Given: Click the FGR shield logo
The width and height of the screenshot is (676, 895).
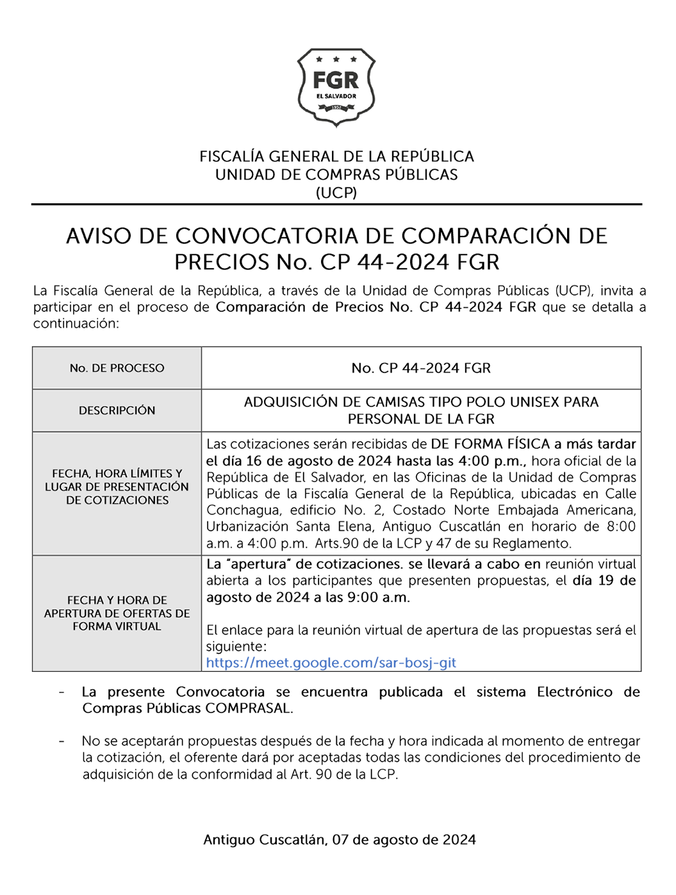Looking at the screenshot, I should click(336, 87).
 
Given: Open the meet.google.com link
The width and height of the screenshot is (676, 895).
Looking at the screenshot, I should click(331, 663).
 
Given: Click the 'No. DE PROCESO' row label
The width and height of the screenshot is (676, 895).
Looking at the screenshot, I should click(117, 368).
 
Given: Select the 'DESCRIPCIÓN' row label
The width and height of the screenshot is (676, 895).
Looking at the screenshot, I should click(117, 410).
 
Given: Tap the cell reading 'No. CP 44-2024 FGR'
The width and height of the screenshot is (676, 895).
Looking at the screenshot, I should click(421, 368).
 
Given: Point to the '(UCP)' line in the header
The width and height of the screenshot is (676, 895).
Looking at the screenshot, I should click(336, 192).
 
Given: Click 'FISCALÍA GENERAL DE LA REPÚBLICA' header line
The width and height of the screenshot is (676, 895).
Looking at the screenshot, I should click(336, 156).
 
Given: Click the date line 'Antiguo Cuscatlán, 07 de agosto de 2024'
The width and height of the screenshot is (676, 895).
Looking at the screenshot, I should click(340, 840).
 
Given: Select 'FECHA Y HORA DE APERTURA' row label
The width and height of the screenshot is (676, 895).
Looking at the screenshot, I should click(117, 613).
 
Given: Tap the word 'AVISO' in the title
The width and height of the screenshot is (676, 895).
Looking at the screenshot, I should click(98, 236).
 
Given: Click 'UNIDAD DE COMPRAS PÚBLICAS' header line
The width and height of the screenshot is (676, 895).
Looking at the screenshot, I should click(336, 174).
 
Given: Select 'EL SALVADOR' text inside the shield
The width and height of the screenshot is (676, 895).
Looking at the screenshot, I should click(336, 96).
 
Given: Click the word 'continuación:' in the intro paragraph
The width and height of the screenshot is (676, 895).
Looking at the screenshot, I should click(76, 324).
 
